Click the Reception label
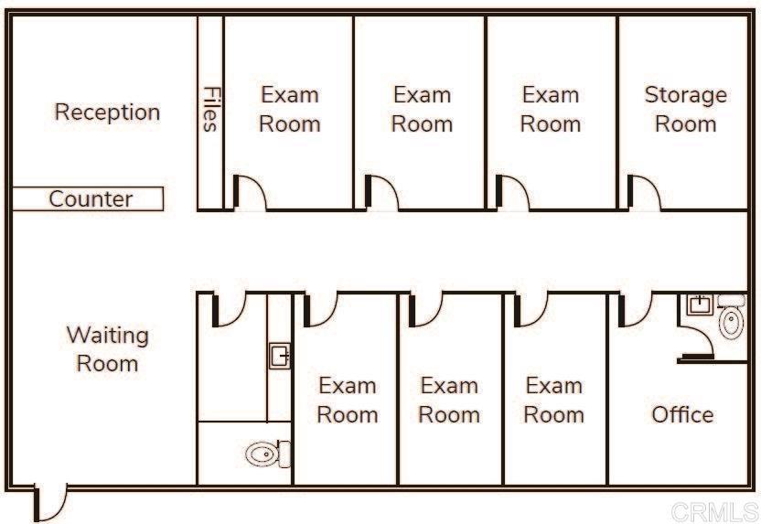click(107, 112)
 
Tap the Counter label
click(91, 199)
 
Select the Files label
click(210, 109)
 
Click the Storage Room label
click(685, 109)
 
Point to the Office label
click(682, 415)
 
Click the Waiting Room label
click(107, 349)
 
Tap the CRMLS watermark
click(714, 512)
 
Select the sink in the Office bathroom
click(700, 305)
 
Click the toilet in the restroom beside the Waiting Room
click(268, 454)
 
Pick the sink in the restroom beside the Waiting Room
click(280, 356)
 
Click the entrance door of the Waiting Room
click(50, 503)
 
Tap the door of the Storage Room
click(644, 193)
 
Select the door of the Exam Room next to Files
click(250, 193)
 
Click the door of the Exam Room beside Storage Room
click(512, 193)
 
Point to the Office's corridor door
click(636, 309)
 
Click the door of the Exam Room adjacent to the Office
click(531, 309)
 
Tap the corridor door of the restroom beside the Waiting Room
click(229, 309)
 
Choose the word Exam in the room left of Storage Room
click(551, 94)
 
